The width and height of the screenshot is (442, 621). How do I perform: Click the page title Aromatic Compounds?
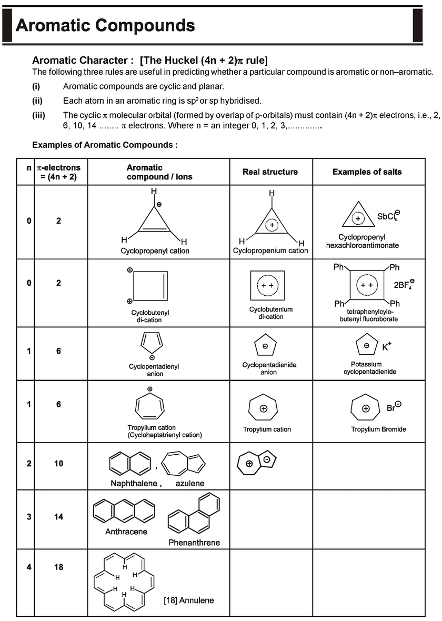[x=105, y=25]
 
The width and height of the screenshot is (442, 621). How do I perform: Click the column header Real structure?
[x=270, y=172]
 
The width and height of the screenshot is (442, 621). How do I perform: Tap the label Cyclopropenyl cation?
[x=155, y=251]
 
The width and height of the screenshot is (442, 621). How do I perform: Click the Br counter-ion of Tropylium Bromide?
[x=394, y=407]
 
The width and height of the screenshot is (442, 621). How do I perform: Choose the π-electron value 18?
[x=58, y=567]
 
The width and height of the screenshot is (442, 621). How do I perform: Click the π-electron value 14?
[x=58, y=517]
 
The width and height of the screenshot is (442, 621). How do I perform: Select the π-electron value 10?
[x=58, y=464]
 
